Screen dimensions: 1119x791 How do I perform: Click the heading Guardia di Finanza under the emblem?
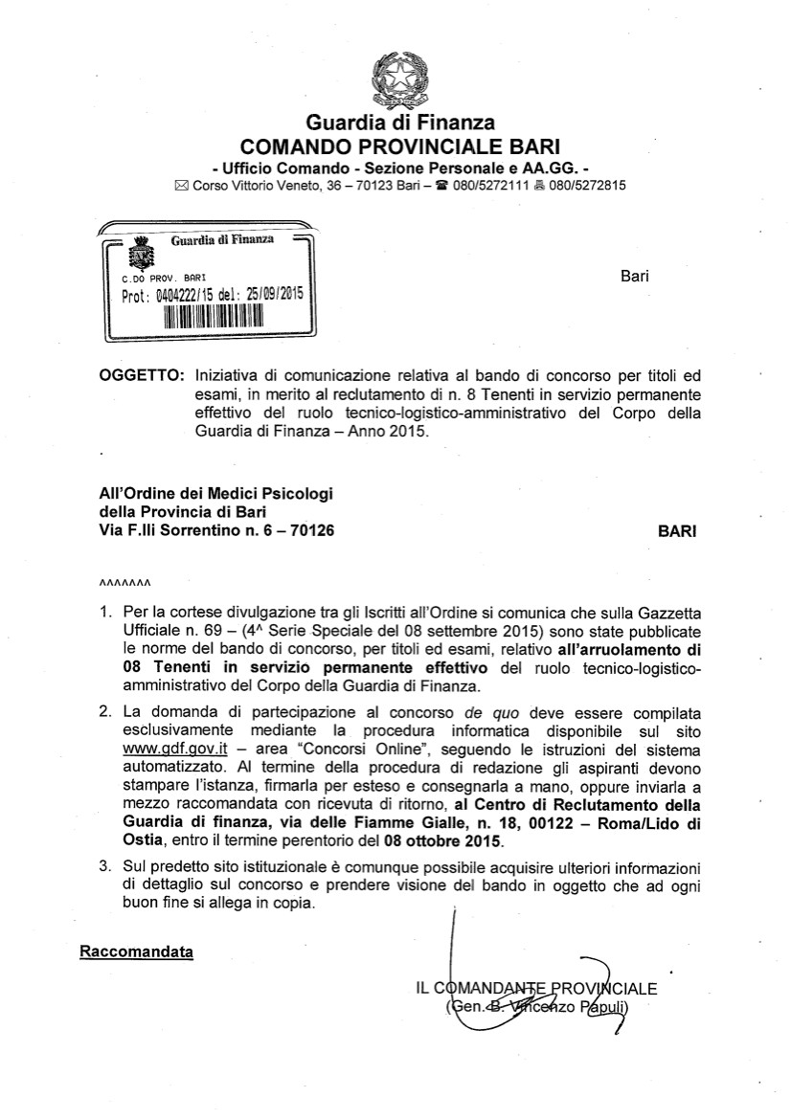(x=399, y=123)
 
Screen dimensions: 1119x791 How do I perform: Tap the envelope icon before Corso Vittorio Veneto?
(x=181, y=186)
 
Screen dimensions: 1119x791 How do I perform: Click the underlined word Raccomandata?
(x=136, y=951)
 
